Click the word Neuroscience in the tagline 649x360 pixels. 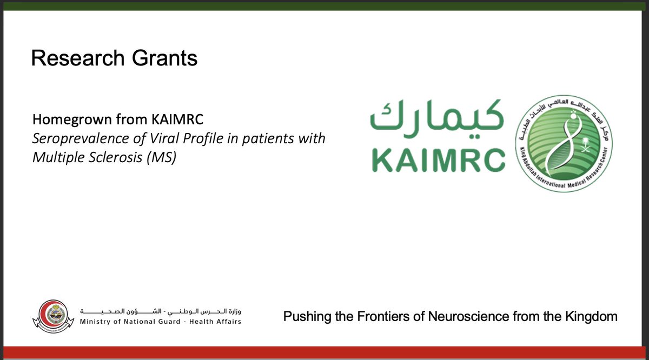[x=469, y=317]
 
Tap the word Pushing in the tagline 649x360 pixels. [x=305, y=317]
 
